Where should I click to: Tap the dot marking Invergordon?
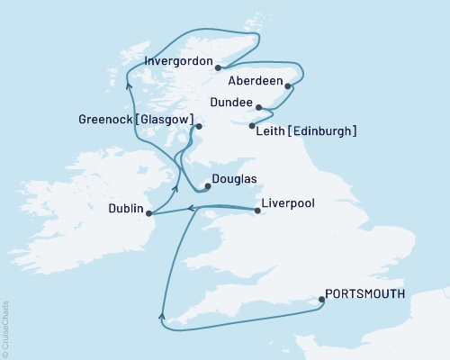219,66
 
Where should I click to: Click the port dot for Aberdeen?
288,86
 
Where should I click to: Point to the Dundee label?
229,102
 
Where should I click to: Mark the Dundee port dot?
258,106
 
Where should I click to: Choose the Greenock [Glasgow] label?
136,120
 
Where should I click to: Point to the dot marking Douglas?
208,187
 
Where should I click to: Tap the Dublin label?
125,209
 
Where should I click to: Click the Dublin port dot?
148,213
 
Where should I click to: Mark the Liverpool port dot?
258,211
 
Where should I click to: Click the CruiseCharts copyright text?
5,328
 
